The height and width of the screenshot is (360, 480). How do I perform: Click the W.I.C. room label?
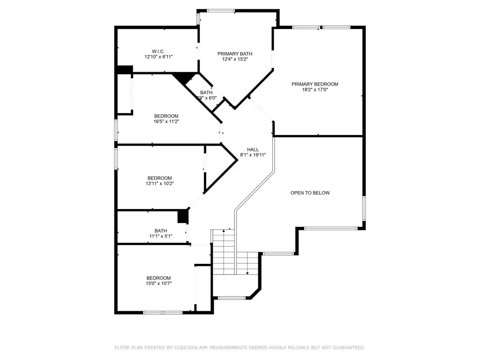pos(158,51)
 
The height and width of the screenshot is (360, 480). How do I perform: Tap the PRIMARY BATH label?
pos(235,54)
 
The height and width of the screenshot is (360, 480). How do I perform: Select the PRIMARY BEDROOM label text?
pos(315,84)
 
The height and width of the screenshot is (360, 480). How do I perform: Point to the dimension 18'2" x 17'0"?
pos(315,90)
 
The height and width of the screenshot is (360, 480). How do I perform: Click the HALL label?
pos(253,150)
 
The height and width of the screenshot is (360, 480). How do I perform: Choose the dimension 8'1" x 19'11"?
pos(253,155)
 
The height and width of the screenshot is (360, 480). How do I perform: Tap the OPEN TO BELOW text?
pos(310,193)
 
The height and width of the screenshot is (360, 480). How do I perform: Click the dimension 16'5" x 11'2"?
pos(166,121)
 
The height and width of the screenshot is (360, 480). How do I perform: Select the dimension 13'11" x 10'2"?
pos(159,184)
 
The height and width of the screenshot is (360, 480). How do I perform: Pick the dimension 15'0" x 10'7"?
pos(158,283)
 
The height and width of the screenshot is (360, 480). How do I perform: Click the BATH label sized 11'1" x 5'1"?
pos(161,231)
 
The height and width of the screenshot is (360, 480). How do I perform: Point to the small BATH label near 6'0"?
pos(206,92)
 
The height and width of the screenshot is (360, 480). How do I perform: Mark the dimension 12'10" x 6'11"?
pos(158,57)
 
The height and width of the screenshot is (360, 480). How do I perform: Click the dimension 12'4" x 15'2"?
pos(235,60)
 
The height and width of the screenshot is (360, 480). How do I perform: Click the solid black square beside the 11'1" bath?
pos(183,217)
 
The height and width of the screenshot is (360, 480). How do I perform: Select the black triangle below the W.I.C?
pos(185,78)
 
